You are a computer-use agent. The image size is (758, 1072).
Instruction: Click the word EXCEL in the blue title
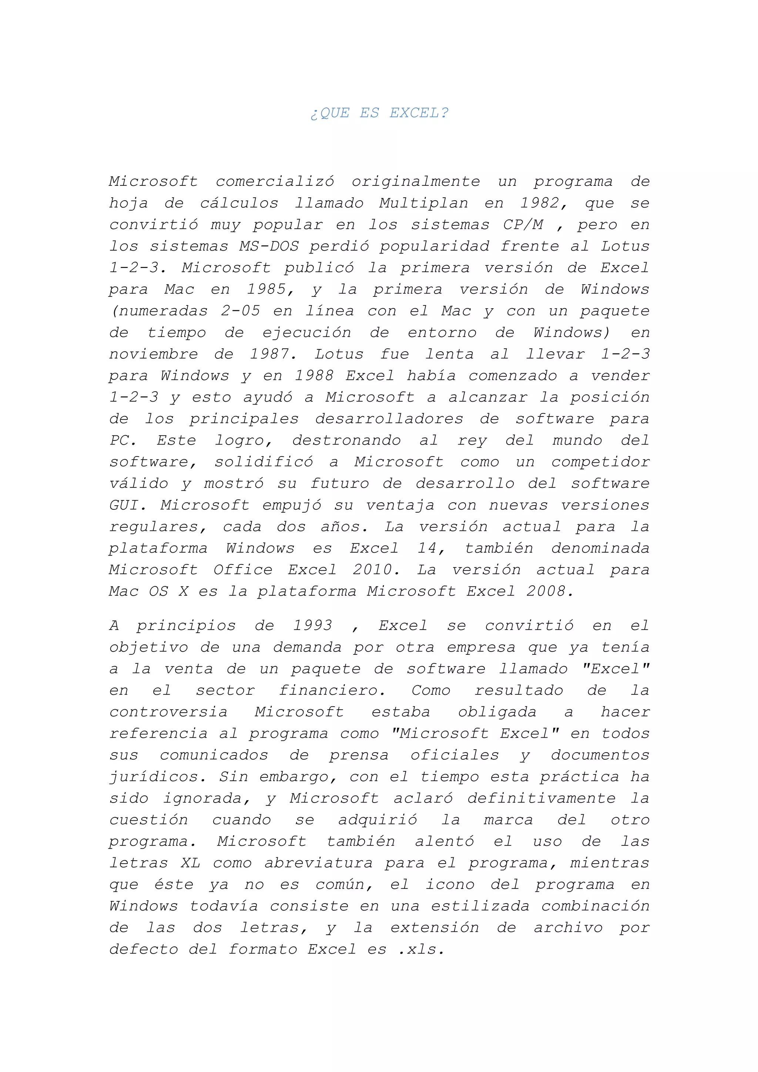pos(419,113)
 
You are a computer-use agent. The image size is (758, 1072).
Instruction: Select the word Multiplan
pos(423,203)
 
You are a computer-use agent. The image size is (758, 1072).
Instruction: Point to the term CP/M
pos(523,225)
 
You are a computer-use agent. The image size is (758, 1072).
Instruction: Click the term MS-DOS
pos(269,246)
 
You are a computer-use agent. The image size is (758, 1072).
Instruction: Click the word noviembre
pos(154,354)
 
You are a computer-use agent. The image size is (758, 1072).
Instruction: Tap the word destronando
pos(346,440)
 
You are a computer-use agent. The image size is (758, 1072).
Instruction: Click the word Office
pos(243,570)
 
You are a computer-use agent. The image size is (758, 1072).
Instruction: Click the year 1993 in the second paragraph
pos(313,626)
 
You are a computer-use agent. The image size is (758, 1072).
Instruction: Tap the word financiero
pos(332,690)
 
